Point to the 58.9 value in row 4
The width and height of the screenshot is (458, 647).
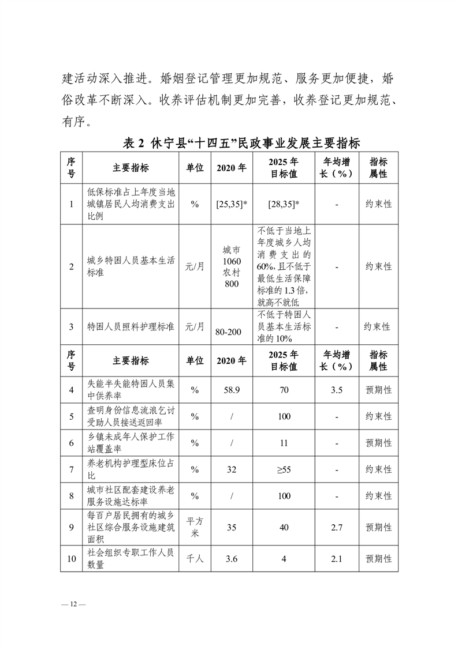231,390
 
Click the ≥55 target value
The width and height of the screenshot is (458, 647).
284,469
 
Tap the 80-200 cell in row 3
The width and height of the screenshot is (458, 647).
231,332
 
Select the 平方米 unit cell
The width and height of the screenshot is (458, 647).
195,527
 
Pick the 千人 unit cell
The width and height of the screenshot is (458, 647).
195,558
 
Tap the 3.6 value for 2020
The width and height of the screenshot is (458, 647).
231,558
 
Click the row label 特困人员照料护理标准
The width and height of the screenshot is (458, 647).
131,327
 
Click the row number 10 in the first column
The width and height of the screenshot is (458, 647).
71,558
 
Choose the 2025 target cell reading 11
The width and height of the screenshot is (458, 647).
284,443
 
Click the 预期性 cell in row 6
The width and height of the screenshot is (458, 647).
378,443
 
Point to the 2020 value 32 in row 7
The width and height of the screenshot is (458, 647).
231,469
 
